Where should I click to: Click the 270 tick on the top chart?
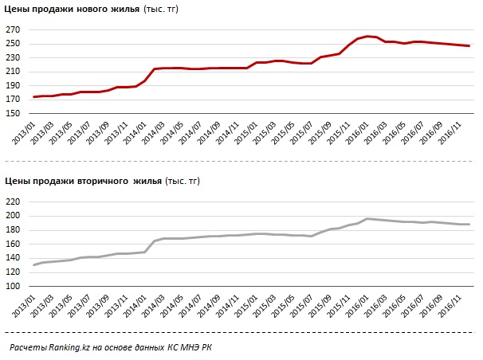pos(14,30)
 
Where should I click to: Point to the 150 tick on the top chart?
pos(14,114)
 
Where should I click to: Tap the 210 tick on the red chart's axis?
pos(14,72)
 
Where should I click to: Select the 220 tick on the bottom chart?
pos(14,202)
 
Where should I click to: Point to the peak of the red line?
pos(367,36)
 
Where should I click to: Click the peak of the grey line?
pos(367,218)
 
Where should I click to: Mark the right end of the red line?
pos(469,46)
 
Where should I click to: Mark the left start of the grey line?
pos(33,265)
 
